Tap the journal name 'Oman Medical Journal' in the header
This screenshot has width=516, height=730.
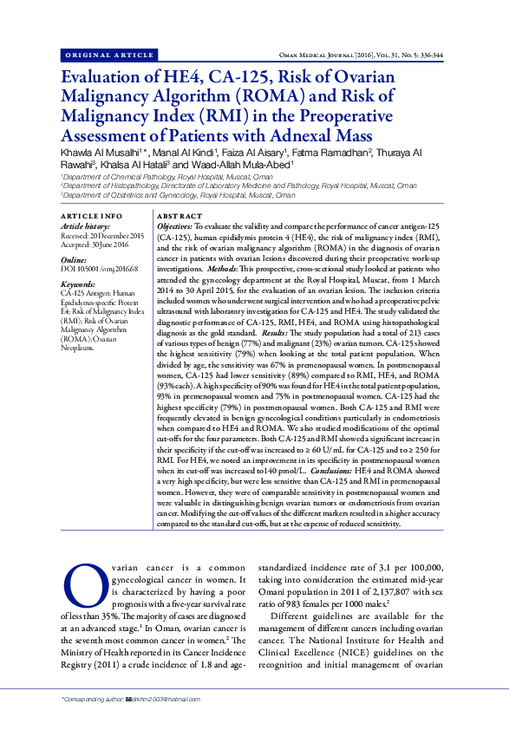click(338, 55)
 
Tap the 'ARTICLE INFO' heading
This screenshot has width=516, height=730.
click(92, 215)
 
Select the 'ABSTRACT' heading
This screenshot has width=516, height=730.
click(180, 215)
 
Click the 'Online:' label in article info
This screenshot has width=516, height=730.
click(74, 259)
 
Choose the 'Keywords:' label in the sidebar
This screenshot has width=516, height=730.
click(79, 284)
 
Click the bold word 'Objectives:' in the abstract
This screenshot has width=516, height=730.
click(174, 225)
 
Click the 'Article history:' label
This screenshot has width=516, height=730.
click(86, 225)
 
